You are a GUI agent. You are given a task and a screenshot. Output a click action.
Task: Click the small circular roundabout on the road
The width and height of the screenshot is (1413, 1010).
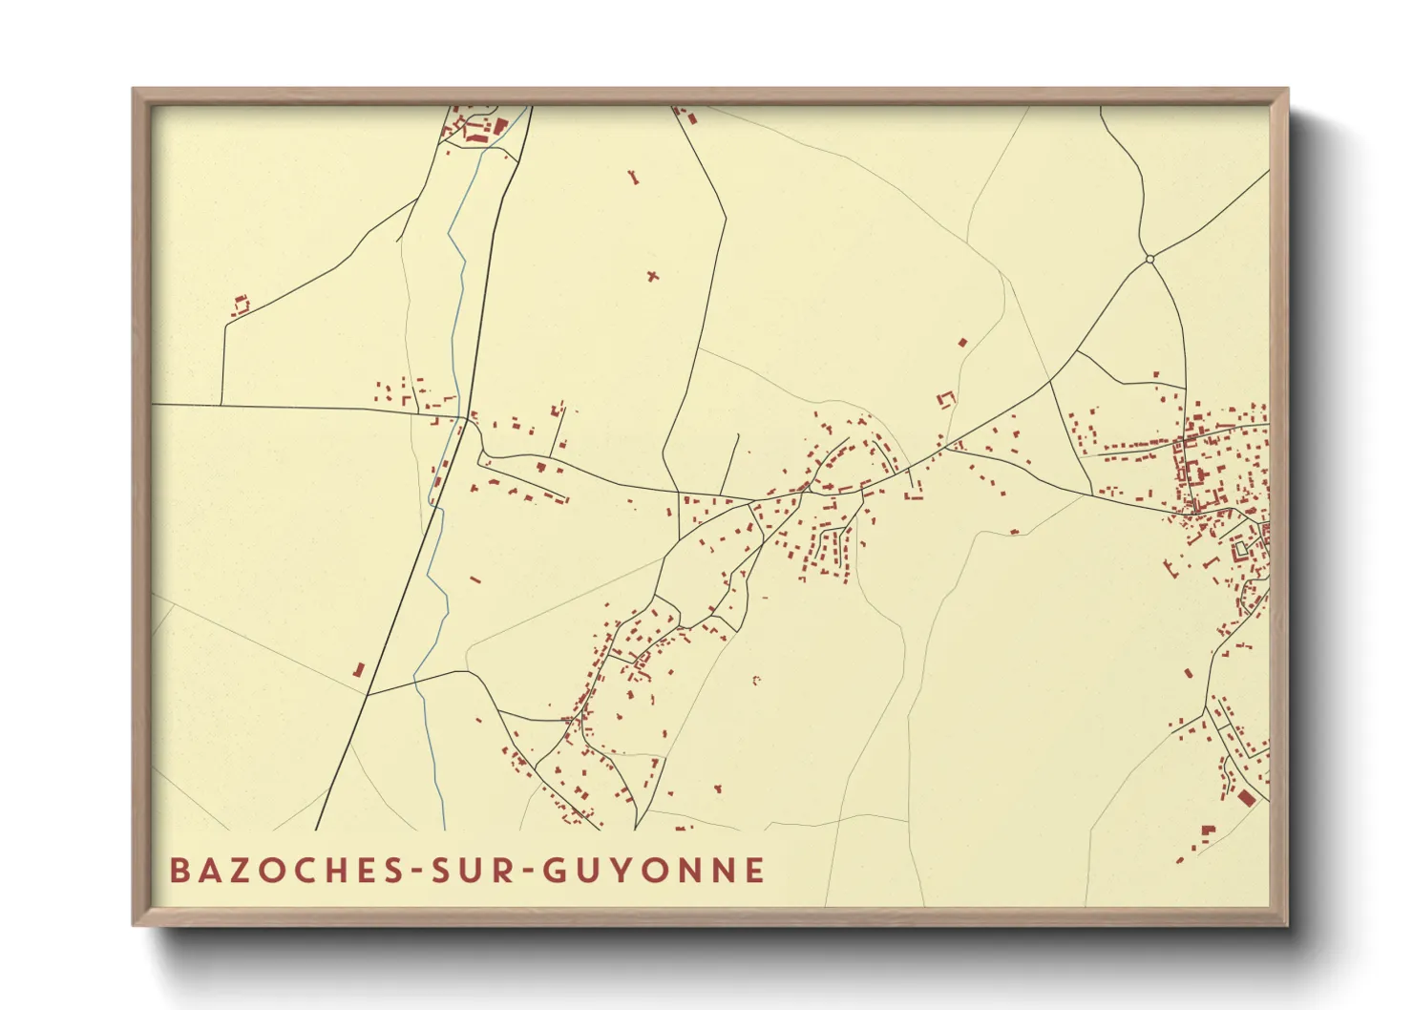[1149, 258]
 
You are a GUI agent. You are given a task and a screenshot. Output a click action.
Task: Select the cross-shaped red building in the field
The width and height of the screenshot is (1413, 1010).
[653, 277]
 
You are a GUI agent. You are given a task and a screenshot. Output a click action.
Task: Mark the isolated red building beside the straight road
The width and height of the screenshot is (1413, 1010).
[359, 670]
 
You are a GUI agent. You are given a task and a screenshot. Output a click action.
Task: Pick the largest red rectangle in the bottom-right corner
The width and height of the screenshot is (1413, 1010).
[1246, 798]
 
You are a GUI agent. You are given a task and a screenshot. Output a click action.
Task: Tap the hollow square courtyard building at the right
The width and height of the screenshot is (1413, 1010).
[1241, 550]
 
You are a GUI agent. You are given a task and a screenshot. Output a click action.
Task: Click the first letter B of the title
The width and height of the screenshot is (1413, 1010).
[179, 870]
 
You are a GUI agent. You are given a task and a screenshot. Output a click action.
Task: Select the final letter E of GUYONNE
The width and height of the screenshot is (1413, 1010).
[755, 870]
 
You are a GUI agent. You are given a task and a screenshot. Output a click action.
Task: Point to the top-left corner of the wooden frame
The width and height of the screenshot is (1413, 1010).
[134, 90]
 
